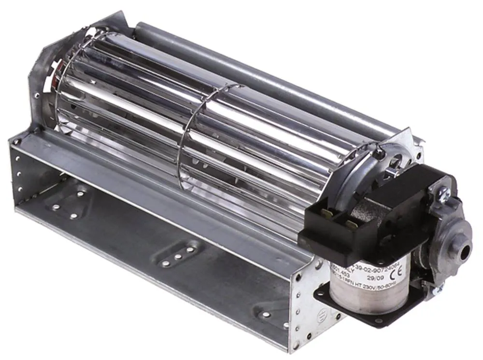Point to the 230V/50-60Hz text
(x=377, y=286)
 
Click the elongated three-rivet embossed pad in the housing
(x=178, y=256)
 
